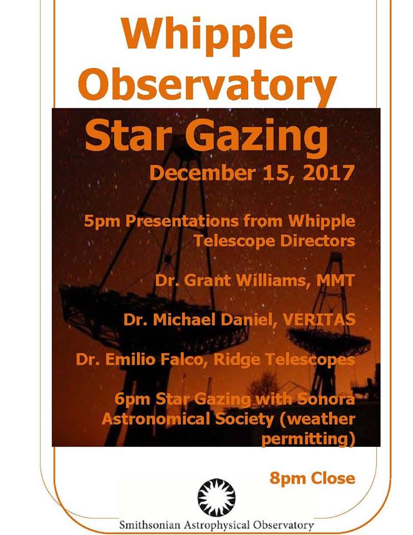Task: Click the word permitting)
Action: [x=308, y=439]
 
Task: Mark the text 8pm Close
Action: [x=312, y=478]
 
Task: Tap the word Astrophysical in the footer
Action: [x=216, y=525]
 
